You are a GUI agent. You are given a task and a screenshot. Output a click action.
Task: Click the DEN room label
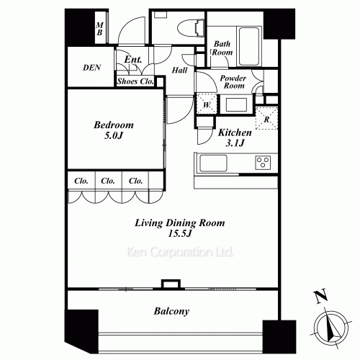(91, 68)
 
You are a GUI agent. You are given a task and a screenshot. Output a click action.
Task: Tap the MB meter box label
(99, 29)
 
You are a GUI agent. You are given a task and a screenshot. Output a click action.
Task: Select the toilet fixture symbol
(191, 29)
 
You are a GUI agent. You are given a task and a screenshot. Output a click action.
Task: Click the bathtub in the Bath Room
(249, 46)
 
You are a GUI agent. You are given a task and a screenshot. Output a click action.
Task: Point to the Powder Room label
(233, 82)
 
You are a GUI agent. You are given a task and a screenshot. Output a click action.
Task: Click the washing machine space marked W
(207, 104)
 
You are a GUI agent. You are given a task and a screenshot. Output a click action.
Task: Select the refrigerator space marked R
(266, 119)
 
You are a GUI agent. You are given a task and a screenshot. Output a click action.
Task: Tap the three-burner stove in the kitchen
(263, 163)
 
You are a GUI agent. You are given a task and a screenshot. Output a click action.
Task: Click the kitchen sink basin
(213, 163)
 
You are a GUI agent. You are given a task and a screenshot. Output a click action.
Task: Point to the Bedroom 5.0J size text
(114, 136)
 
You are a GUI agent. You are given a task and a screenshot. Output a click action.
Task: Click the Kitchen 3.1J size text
(235, 143)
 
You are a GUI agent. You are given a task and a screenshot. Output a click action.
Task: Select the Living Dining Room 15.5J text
(180, 228)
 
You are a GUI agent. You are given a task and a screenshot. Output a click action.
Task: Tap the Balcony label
(171, 311)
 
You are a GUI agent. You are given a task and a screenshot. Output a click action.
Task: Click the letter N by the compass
(321, 296)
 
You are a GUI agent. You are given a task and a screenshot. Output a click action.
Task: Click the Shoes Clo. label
(135, 81)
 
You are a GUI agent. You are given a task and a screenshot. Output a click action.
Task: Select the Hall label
(179, 70)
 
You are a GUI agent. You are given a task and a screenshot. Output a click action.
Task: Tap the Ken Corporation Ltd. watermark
(180, 252)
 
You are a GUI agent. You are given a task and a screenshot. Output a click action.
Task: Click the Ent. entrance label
(133, 59)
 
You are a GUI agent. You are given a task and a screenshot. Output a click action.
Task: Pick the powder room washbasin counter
(236, 104)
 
